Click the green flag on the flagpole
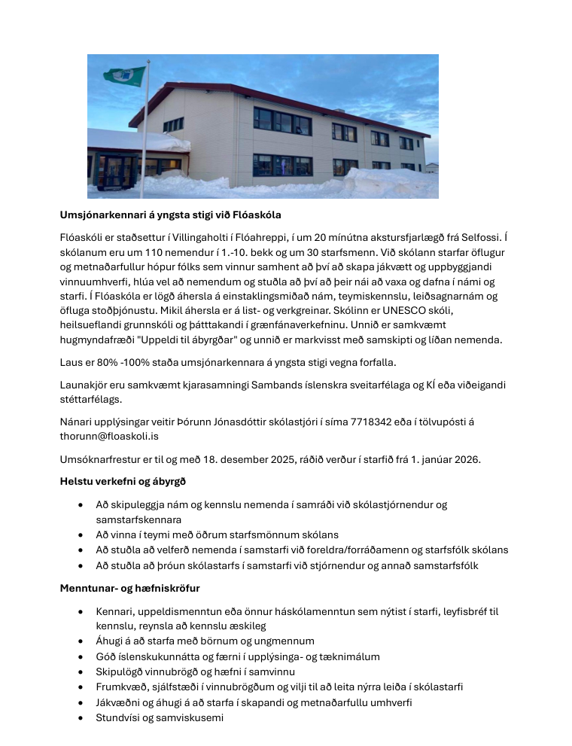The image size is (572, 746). click(x=124, y=75)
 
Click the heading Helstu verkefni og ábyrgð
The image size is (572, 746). click(x=123, y=480)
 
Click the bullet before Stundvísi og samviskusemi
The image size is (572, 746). click(x=81, y=718)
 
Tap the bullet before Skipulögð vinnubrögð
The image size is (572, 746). click(x=81, y=671)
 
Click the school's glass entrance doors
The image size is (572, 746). click(x=120, y=170)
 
